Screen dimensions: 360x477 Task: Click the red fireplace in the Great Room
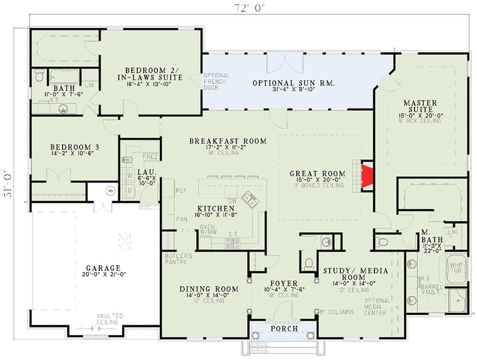(x=366, y=176)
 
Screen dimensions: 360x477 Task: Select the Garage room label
(x=103, y=268)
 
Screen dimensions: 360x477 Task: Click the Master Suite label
(x=420, y=103)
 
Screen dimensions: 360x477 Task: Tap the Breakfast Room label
(x=228, y=141)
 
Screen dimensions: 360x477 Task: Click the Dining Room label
(x=209, y=289)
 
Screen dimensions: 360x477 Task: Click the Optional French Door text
(x=213, y=82)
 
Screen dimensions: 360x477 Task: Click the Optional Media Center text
(x=374, y=307)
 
